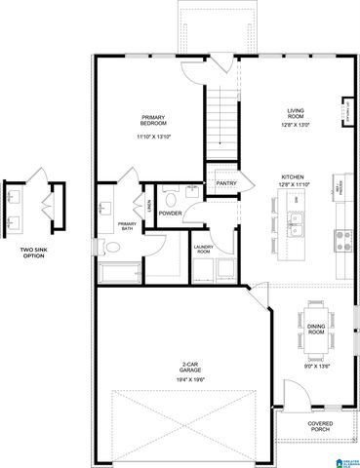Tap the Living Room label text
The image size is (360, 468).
[x=296, y=114]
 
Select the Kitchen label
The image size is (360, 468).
[x=294, y=177]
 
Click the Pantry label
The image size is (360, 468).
[x=226, y=181]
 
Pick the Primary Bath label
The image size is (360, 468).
[x=127, y=226]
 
